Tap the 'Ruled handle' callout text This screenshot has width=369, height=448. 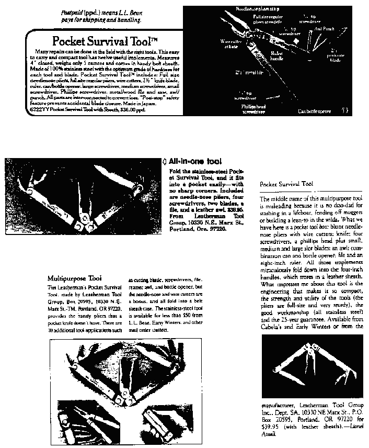pos(276,55)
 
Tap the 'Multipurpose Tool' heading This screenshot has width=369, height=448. pos(75,277)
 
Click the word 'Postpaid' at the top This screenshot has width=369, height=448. pos(72,12)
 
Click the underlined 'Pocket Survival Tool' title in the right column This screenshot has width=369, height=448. pos(286,184)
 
